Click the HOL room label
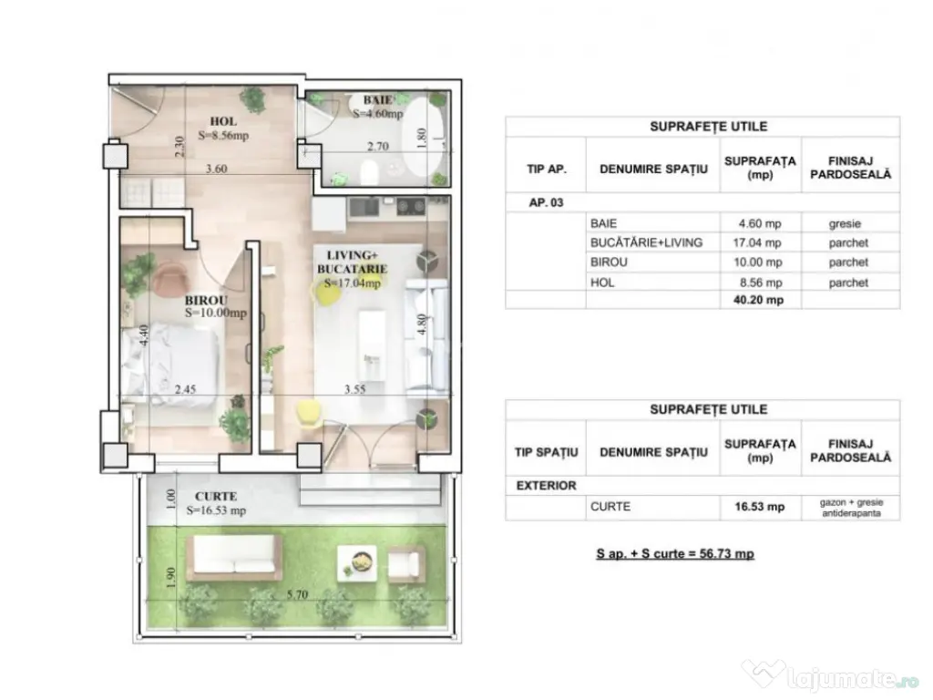223,121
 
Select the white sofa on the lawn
233,557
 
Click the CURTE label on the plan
216,497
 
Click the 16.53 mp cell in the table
761,507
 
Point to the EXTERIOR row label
547,486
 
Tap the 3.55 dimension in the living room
356,388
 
